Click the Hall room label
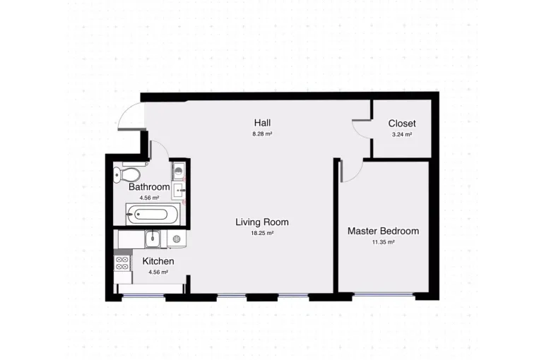click(x=262, y=123)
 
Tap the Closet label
click(x=402, y=124)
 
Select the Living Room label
click(x=262, y=222)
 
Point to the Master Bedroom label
click(x=384, y=231)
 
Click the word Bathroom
click(x=149, y=187)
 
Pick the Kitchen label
click(x=158, y=261)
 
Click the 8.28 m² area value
click(x=262, y=133)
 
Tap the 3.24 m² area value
click(x=402, y=134)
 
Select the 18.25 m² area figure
click(x=262, y=233)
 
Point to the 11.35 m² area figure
click(x=384, y=242)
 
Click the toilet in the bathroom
click(x=127, y=175)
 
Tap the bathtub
click(x=153, y=214)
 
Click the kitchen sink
click(x=153, y=239)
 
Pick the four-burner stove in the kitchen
click(x=122, y=263)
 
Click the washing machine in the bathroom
click(x=179, y=171)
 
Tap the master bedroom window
click(x=384, y=295)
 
